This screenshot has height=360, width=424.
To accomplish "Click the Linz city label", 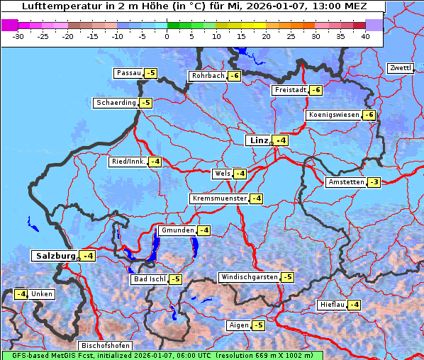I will click(258, 140).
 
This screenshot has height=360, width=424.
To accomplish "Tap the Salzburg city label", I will click(55, 256).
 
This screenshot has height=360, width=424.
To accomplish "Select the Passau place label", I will click(128, 73).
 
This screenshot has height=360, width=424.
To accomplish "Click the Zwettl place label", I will click(401, 68).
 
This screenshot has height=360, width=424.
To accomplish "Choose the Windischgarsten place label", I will click(249, 277).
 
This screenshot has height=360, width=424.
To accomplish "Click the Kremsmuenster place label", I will click(219, 198).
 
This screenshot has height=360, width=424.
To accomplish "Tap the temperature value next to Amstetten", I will click(374, 182).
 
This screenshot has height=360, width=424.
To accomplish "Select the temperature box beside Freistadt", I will click(316, 90).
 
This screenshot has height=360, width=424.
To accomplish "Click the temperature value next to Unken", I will click(21, 294).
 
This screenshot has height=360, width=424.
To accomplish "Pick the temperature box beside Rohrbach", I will click(234, 76).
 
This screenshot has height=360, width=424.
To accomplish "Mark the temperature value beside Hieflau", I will click(354, 305).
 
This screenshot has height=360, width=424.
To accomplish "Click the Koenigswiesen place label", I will click(334, 115).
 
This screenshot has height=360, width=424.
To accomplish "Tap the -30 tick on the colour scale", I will click(19, 35).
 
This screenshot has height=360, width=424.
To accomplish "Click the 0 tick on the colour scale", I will click(167, 35).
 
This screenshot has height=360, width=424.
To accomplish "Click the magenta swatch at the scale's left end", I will click(10, 25).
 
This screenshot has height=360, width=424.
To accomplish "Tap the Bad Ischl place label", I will click(150, 279).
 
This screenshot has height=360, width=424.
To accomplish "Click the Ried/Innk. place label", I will click(128, 162).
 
